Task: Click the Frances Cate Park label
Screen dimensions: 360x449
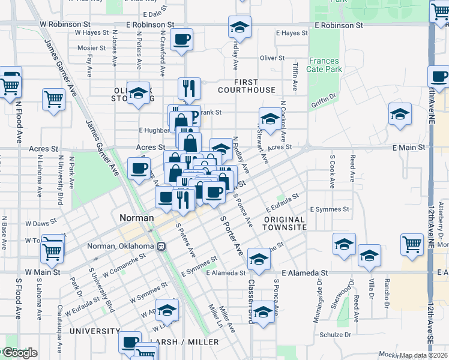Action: (x=325, y=65)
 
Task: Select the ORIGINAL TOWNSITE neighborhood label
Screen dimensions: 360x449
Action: (x=285, y=223)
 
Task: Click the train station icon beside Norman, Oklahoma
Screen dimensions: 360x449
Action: (x=161, y=247)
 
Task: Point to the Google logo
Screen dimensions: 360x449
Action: (x=19, y=353)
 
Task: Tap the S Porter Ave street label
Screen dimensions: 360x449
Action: (x=232, y=236)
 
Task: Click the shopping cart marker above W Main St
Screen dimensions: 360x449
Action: (x=53, y=250)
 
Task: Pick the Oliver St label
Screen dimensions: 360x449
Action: (x=272, y=58)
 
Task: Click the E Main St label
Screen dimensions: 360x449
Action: (x=409, y=147)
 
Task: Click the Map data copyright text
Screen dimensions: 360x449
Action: (x=423, y=355)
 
